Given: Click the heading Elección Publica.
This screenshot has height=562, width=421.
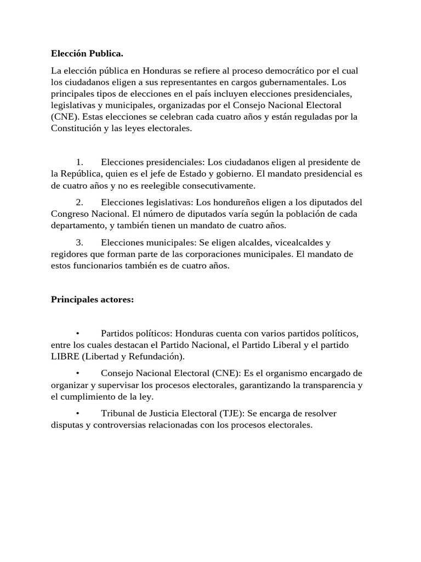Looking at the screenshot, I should [x=87, y=54].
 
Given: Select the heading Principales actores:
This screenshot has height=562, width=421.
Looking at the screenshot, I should [x=92, y=299].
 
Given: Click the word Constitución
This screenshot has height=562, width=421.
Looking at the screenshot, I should [x=76, y=128].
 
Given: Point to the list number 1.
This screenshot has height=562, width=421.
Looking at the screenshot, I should [x=79, y=162].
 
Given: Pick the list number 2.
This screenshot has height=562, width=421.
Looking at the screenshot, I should [x=79, y=201].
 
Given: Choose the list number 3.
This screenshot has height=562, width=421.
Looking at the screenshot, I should [x=79, y=242].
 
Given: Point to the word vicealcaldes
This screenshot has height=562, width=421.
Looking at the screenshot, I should [x=294, y=242].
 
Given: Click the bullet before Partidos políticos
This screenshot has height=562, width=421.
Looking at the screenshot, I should [x=79, y=334].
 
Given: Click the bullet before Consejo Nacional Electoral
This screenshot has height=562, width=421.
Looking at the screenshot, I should [x=79, y=373].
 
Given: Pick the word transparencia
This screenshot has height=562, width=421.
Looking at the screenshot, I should [x=325, y=385].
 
